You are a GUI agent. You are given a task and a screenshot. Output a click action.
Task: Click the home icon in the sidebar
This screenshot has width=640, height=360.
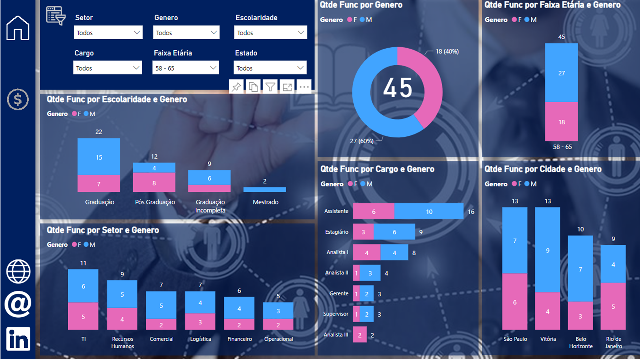(x=18, y=28)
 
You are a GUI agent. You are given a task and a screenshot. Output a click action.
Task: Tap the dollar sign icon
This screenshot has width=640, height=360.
(x=18, y=100)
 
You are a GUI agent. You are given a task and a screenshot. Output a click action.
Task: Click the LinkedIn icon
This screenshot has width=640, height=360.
(x=18, y=339)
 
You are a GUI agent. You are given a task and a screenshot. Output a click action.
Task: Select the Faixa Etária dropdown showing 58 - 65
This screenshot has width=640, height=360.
(x=186, y=68)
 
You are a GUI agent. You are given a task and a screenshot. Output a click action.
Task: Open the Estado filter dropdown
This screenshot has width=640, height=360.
(x=270, y=68)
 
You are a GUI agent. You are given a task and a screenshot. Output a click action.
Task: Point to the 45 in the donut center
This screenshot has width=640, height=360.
(x=398, y=88)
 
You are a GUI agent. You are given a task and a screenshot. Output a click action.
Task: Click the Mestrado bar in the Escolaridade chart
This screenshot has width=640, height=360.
(x=265, y=190)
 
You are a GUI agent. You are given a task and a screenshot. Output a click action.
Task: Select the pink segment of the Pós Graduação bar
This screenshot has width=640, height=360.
(x=154, y=183)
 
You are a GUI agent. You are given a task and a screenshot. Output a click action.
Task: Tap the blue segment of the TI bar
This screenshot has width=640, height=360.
(x=83, y=286)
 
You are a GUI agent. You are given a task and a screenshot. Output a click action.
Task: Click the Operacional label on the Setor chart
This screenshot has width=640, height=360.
(x=278, y=339)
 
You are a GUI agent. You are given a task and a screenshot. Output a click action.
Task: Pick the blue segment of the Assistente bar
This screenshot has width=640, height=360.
(x=429, y=211)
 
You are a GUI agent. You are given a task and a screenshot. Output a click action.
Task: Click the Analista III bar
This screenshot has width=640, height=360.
(x=360, y=335)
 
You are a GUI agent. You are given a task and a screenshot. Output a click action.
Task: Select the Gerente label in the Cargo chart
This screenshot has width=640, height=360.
(x=339, y=293)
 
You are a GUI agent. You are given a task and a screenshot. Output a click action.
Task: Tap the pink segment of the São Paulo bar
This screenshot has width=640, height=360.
(x=515, y=302)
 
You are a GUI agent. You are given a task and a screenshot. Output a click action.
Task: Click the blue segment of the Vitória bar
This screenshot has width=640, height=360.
(x=548, y=250)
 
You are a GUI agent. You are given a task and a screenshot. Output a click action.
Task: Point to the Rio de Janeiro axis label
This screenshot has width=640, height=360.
(x=613, y=342)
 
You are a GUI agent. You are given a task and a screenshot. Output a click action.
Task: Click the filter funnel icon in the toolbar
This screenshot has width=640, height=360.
(x=270, y=87)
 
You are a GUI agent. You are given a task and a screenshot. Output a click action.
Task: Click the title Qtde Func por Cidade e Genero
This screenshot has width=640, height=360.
(x=543, y=169)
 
